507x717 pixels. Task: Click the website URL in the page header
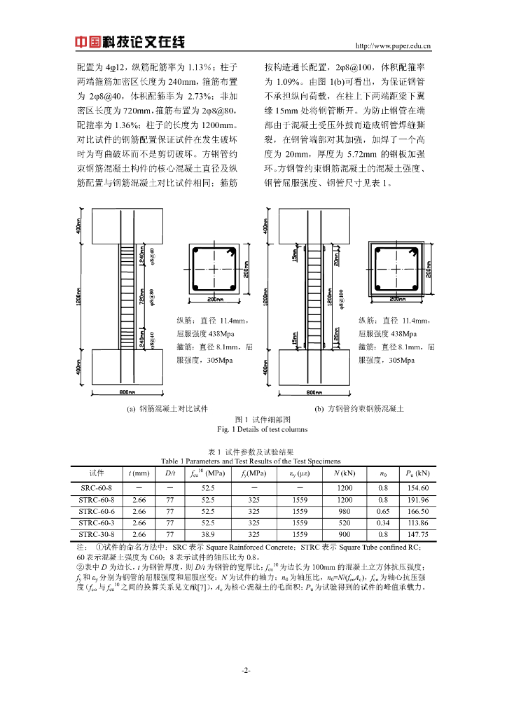(x=393, y=47)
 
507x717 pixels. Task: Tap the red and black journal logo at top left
(x=130, y=43)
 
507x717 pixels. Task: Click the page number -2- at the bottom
(x=246, y=670)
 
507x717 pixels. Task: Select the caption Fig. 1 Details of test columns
(x=253, y=429)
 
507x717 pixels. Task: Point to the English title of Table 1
(x=250, y=461)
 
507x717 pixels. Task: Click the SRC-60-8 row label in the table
(x=101, y=487)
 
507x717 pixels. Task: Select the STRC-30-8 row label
(x=101, y=534)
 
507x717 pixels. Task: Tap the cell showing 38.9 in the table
(x=207, y=534)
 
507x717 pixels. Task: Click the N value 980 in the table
(x=345, y=511)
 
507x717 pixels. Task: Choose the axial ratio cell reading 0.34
(x=383, y=522)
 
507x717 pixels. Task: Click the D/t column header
(x=170, y=474)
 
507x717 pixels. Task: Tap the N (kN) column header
(x=345, y=474)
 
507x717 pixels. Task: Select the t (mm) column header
(x=139, y=474)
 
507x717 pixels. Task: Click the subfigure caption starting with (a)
(x=167, y=408)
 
